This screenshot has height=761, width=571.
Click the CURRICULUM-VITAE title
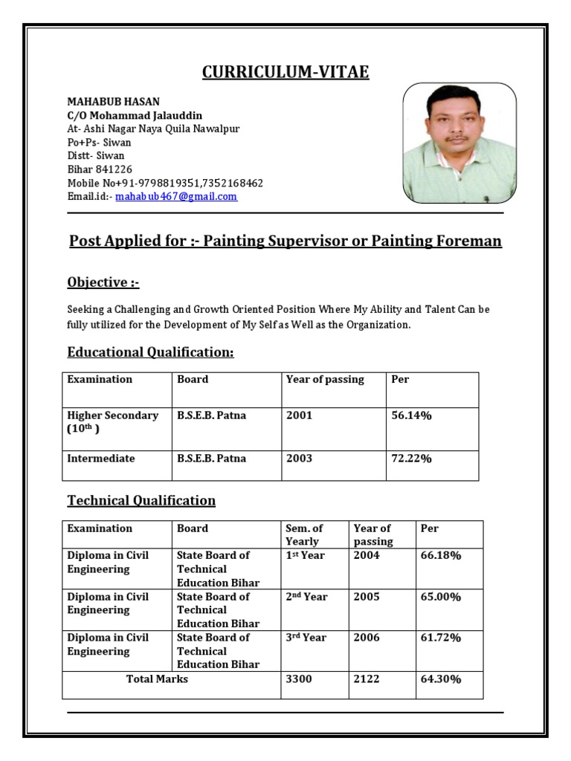(285, 72)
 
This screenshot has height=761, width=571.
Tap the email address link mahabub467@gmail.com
(176, 197)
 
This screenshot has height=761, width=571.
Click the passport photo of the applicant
(459, 143)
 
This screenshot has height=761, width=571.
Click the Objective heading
(103, 282)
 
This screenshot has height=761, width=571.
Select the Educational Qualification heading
(150, 352)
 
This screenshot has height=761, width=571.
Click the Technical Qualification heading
(141, 500)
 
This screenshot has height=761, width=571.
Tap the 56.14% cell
(411, 415)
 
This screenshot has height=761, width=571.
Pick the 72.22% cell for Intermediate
(411, 459)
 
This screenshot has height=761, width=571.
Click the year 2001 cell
(299, 415)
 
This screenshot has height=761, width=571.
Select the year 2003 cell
(299, 459)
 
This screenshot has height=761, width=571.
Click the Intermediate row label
(101, 459)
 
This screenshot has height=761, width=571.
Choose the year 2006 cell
(366, 638)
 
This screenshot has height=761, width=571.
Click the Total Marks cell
(157, 679)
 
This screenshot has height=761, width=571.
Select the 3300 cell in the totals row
(299, 679)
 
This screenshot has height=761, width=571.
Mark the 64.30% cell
(441, 679)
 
